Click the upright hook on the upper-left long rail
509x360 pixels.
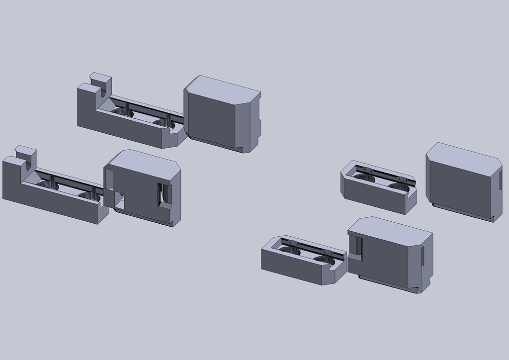pyautogui.click(x=100, y=83)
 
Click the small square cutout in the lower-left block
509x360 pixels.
pyautogui.click(x=119, y=199)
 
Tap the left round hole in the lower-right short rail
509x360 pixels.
pyautogui.click(x=290, y=250)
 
